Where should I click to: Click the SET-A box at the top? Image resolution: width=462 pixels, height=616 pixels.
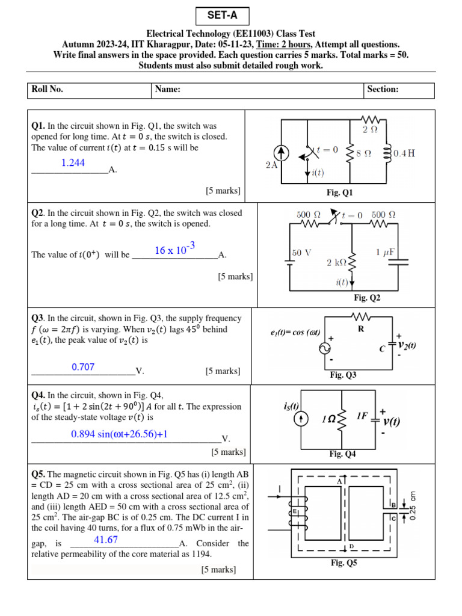(x=221, y=16)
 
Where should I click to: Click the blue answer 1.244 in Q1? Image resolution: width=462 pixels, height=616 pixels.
(x=73, y=163)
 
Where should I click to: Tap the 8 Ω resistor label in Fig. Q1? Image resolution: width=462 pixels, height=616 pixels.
(x=363, y=153)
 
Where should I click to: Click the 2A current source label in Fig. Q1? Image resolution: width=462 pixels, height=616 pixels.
(x=271, y=165)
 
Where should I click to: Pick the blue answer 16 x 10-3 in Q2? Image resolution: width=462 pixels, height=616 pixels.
(x=175, y=250)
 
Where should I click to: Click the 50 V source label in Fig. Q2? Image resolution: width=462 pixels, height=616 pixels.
(x=302, y=253)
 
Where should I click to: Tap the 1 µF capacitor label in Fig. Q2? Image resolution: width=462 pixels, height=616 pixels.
(x=385, y=252)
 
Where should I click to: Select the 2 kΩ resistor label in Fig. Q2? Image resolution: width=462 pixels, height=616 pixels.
(x=337, y=263)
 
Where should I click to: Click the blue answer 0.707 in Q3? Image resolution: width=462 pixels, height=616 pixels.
(x=83, y=367)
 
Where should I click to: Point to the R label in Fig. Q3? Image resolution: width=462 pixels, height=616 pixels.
(x=362, y=329)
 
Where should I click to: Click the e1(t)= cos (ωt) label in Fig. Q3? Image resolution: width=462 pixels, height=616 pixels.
(x=295, y=333)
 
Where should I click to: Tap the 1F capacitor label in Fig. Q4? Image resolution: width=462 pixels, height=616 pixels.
(x=363, y=415)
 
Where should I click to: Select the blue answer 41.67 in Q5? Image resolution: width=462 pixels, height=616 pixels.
(x=106, y=540)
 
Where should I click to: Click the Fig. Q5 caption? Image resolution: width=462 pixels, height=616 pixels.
(x=343, y=563)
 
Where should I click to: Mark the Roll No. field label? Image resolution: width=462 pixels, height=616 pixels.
(x=48, y=90)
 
